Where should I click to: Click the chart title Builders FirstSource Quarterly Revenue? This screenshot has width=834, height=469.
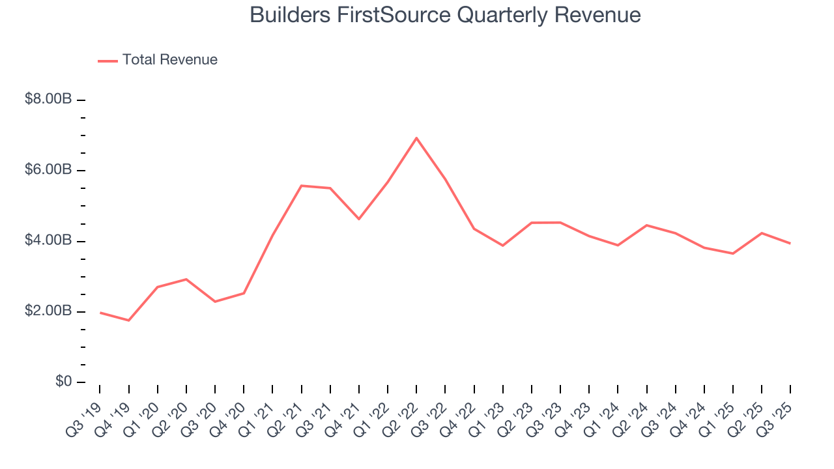point(445,15)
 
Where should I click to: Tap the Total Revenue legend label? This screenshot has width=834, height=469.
point(169,60)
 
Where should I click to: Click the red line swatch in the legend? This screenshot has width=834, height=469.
point(108,61)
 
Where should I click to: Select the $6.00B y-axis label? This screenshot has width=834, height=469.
point(48,170)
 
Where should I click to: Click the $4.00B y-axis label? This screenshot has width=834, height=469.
point(48,241)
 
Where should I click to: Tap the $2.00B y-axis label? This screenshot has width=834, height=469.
point(48,311)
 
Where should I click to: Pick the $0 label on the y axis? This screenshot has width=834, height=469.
point(62,382)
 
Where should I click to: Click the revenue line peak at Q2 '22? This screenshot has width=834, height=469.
point(416,138)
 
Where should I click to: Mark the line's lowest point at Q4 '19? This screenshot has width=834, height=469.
point(128,320)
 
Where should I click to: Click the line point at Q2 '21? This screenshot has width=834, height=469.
point(301,186)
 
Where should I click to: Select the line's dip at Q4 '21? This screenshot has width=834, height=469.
point(359,219)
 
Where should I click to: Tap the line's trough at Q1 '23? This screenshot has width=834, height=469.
point(503,246)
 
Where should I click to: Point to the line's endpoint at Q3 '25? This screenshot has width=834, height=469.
point(790,244)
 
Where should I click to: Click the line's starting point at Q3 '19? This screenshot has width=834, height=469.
point(100,313)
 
